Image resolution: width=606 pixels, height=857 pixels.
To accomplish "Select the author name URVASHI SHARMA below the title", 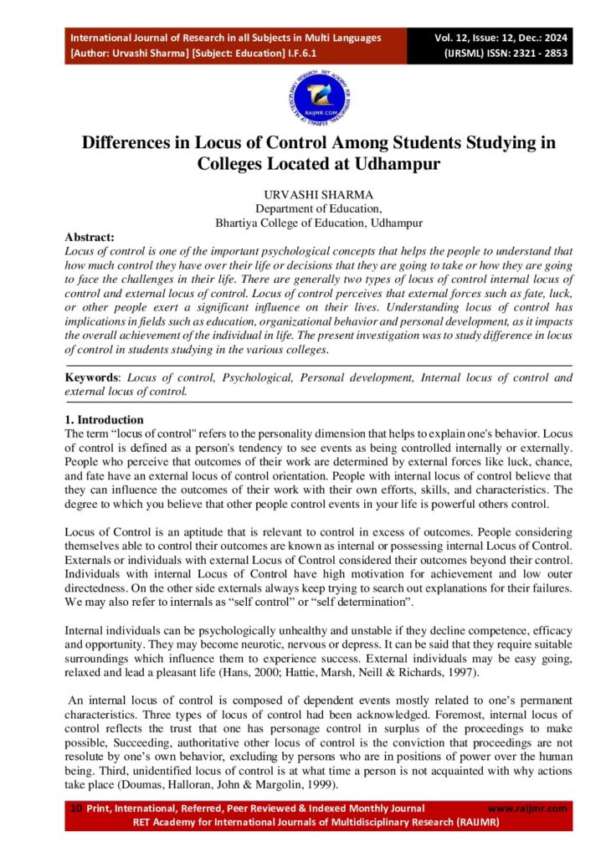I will [303, 194].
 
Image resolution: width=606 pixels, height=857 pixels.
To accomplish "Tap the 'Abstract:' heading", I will [90, 237].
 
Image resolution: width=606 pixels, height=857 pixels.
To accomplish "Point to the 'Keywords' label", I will [92, 377].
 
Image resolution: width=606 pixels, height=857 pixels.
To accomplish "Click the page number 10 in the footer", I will [75, 808].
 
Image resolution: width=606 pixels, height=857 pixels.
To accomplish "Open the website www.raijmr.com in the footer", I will [527, 808].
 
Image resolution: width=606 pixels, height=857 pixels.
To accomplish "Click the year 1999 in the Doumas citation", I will [311, 786].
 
